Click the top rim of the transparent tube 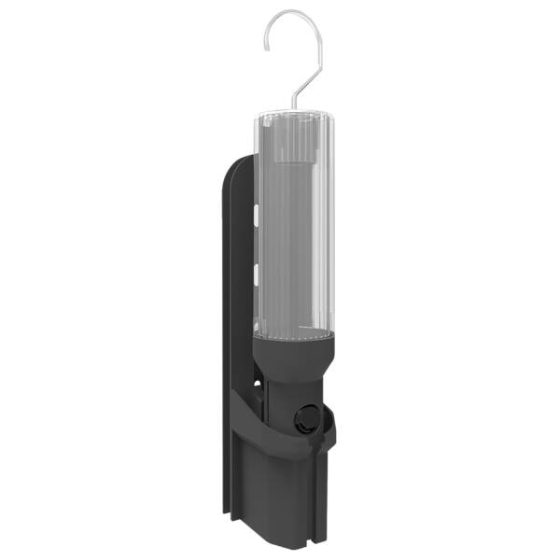291,115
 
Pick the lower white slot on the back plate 255,273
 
